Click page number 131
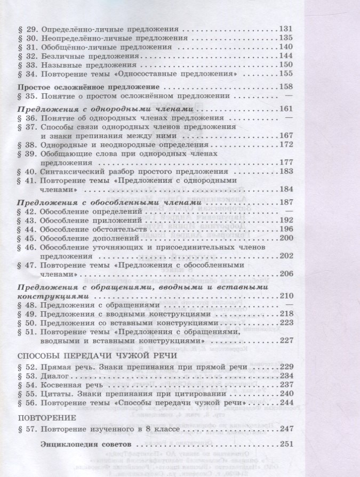click(286, 29)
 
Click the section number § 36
click(27, 118)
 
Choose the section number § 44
click(27, 230)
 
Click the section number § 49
click(27, 314)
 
